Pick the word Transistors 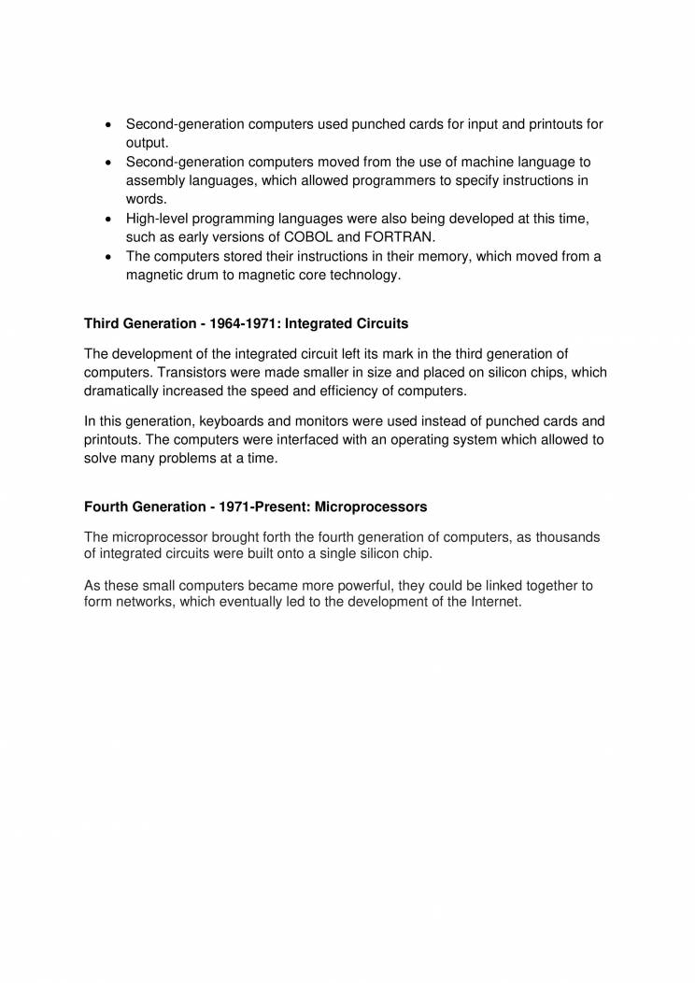tap(190, 372)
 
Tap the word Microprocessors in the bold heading tap(371, 506)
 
